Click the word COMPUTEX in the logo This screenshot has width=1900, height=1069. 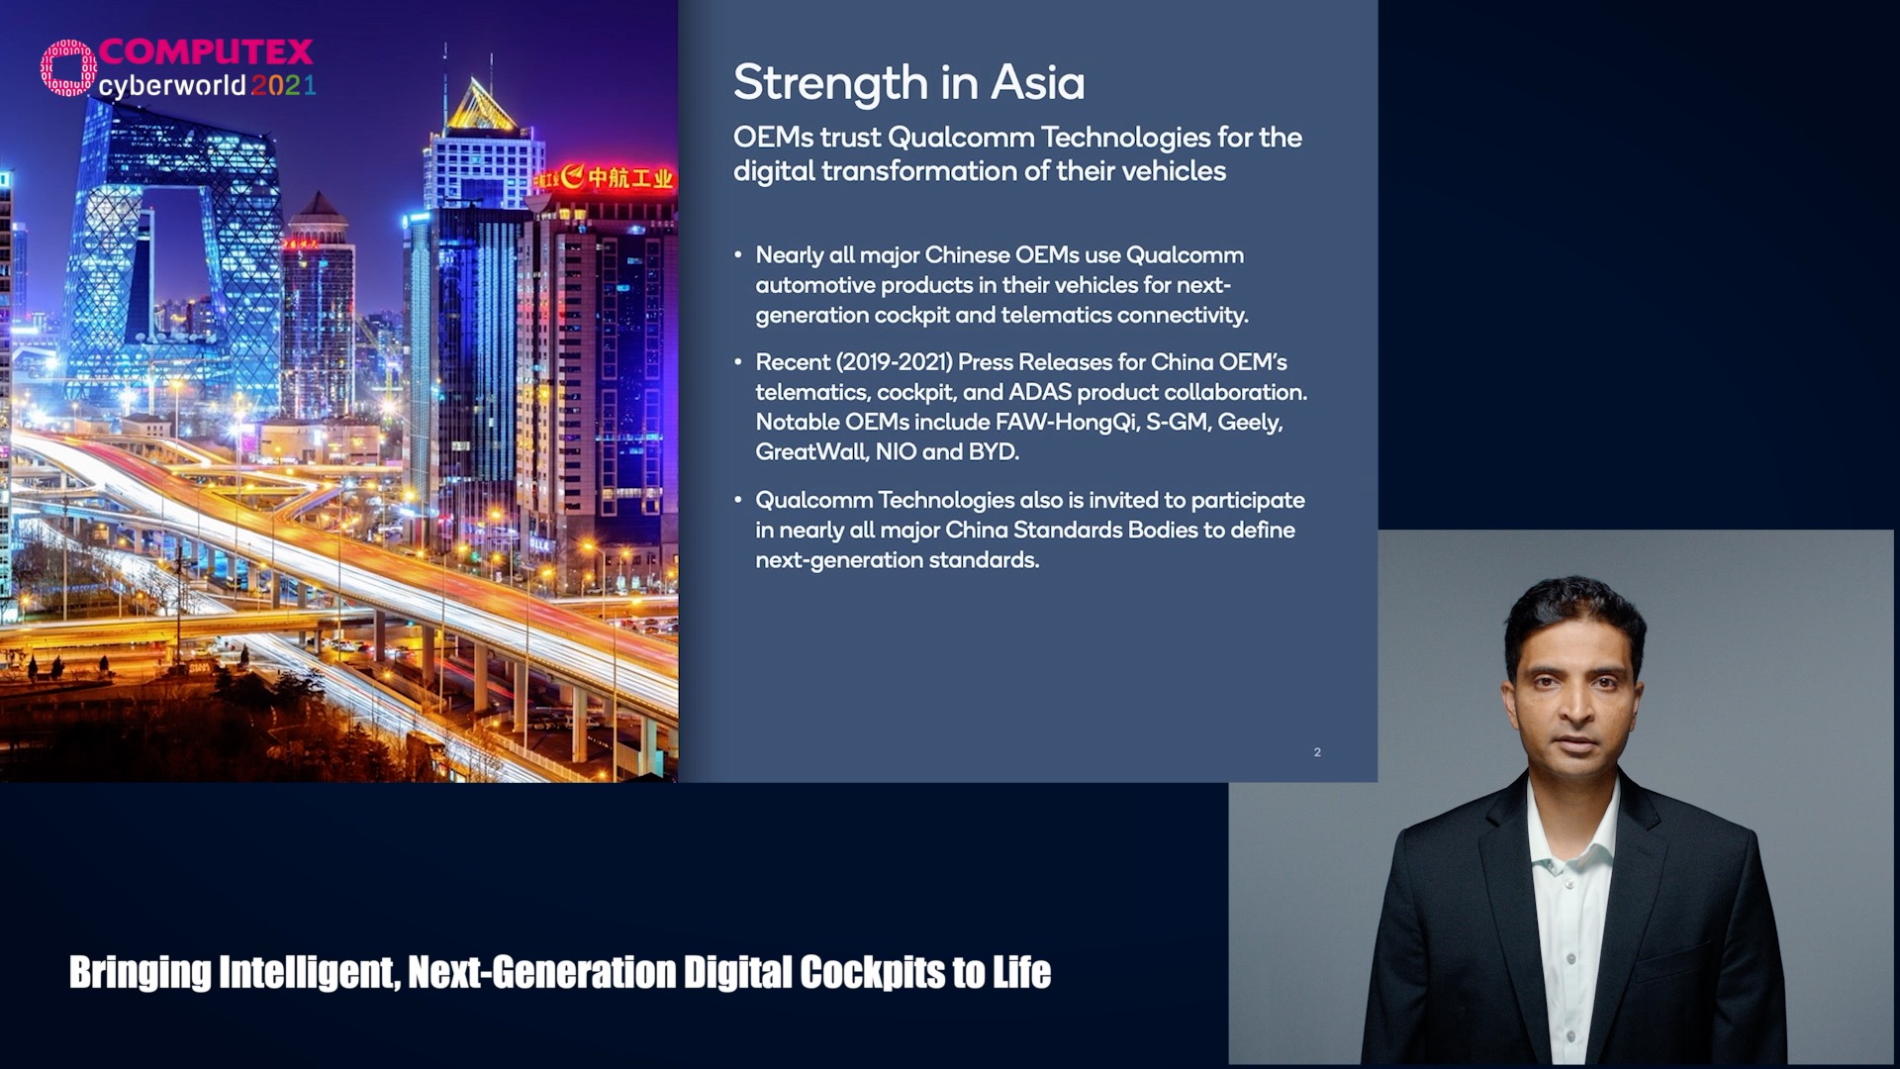tap(206, 51)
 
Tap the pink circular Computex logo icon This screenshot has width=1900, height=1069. tap(68, 67)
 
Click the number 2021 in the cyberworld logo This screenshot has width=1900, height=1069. tap(283, 85)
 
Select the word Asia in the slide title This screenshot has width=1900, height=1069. tap(1038, 82)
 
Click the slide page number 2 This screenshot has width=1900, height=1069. tap(1317, 752)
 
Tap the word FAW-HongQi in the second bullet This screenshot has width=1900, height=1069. tap(1066, 423)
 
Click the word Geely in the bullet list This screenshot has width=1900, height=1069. tap(1250, 423)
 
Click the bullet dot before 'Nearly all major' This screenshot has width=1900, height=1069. tap(738, 255)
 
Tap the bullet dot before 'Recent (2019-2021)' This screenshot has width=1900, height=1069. tap(738, 362)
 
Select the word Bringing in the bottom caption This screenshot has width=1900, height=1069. tap(140, 973)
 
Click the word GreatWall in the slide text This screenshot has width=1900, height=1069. tap(811, 452)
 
